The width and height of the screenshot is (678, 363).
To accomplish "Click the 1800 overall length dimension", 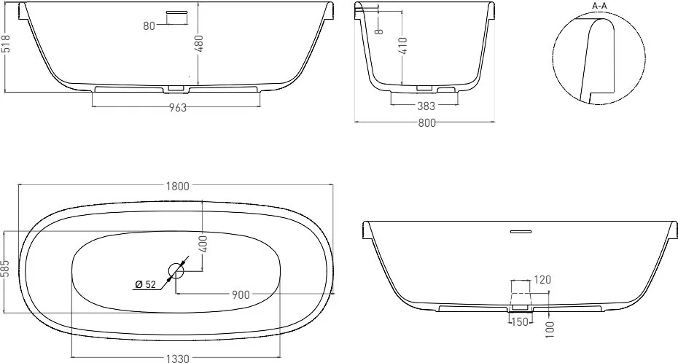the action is click(x=178, y=187).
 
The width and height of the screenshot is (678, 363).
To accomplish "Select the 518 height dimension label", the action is click(x=6, y=44).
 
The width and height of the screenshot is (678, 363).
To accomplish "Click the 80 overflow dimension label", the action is click(x=149, y=26).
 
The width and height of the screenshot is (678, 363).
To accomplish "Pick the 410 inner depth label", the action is click(x=402, y=46).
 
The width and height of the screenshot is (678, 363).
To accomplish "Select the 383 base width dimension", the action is click(x=426, y=106).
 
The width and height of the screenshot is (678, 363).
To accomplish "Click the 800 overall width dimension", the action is click(x=426, y=123).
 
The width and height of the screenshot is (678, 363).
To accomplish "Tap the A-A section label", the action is click(x=599, y=6).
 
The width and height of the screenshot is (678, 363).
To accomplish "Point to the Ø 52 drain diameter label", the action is click(x=145, y=284).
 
